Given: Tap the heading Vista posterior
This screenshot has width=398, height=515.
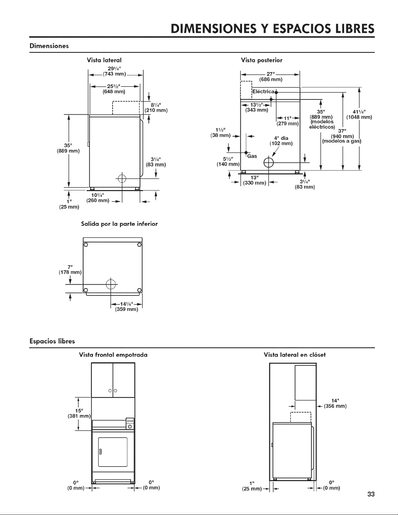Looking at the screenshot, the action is point(262,60).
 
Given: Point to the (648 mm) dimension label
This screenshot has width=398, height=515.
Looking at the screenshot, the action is point(114,92).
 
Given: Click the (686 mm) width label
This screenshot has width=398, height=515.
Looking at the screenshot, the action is point(271,79).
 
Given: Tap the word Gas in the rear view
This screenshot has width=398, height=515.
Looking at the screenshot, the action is point(252,156).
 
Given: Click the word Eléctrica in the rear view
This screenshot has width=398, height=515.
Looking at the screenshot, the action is point(263,92).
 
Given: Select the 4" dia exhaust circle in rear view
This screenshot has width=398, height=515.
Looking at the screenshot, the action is point(269,162).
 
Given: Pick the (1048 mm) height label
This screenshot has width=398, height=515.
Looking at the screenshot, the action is point(359,117).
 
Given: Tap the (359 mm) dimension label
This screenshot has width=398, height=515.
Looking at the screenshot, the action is point(126,309).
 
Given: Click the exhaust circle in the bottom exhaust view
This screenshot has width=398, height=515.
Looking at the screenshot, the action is point(111,284).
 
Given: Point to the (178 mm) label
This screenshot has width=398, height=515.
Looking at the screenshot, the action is point(70,272).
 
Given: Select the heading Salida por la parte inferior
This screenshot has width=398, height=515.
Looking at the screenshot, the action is point(120,224).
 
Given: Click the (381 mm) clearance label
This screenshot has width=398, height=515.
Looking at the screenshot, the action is point(79,416).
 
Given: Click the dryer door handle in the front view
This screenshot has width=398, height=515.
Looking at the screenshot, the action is point(100,452).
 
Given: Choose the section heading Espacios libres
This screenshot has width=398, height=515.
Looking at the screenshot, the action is point(52,341).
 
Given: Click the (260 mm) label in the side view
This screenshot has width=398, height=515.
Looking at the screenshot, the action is point(97,200).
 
